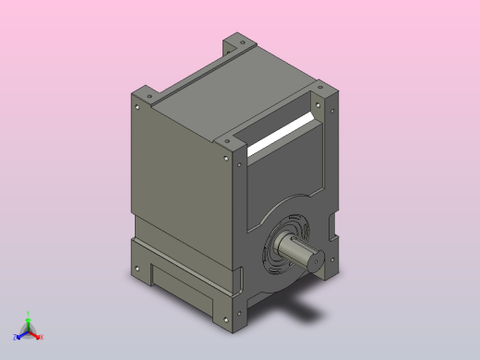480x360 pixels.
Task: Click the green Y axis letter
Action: [x=29, y=313]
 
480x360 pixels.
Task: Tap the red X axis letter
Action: [x=41, y=337]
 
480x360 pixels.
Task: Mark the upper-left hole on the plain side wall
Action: [x=138, y=107]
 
